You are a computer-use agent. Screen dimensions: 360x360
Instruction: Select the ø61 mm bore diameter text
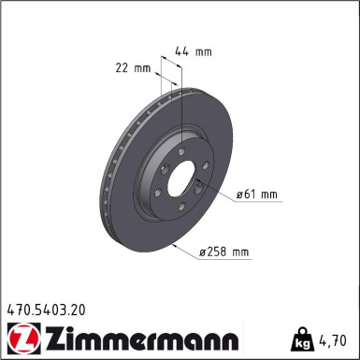pos(259,194)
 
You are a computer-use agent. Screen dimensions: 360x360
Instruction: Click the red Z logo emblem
pos(19,336)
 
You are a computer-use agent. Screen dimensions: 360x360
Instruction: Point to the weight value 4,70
pos(338,338)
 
